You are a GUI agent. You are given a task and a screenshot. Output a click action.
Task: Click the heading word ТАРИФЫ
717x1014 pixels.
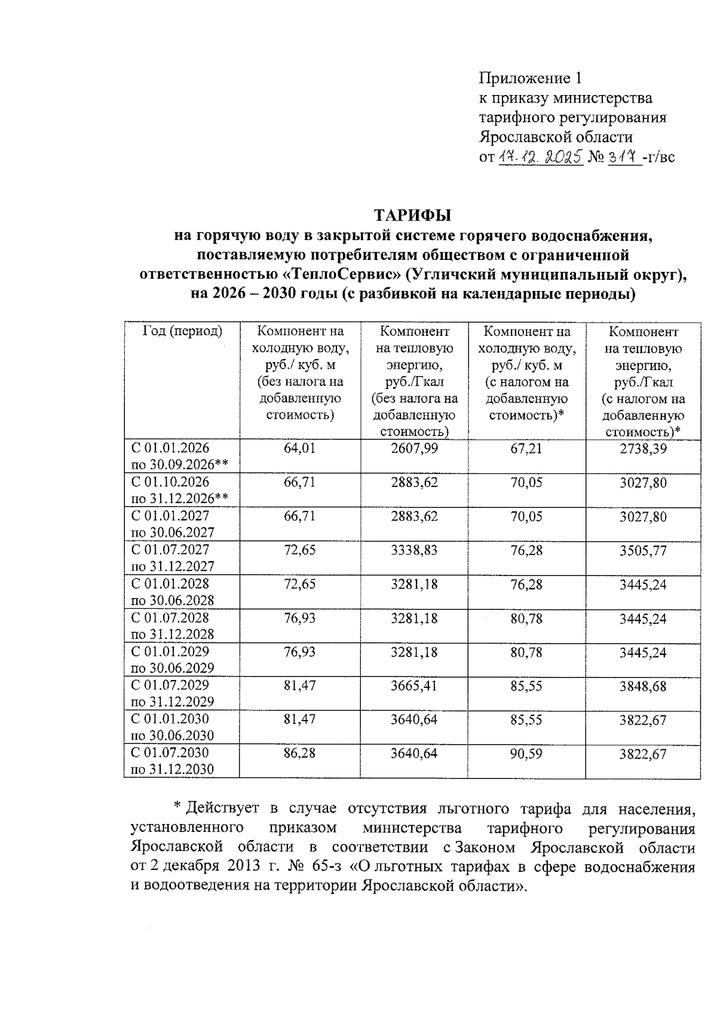click(413, 215)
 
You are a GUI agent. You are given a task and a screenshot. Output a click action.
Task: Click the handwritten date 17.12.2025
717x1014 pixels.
click(540, 157)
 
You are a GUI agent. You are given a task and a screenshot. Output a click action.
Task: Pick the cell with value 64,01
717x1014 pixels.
click(299, 448)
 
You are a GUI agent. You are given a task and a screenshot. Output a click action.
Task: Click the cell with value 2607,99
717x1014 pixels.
click(414, 448)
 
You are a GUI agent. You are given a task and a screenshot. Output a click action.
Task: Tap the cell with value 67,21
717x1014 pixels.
click(526, 448)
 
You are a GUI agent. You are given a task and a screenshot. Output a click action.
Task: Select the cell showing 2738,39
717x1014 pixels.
click(643, 448)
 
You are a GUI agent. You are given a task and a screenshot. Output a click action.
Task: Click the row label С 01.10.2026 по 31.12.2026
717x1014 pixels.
click(179, 490)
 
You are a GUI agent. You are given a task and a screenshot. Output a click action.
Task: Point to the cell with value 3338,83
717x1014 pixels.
click(414, 550)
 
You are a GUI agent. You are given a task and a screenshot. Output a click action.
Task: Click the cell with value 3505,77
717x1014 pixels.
click(643, 550)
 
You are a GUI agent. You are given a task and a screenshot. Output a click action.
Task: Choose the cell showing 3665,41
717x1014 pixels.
click(414, 685)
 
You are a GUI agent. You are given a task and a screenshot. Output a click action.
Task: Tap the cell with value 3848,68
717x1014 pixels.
click(643, 685)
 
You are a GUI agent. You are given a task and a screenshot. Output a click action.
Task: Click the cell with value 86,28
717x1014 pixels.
click(299, 753)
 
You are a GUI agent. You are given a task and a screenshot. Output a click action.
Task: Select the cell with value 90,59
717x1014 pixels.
click(526, 753)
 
